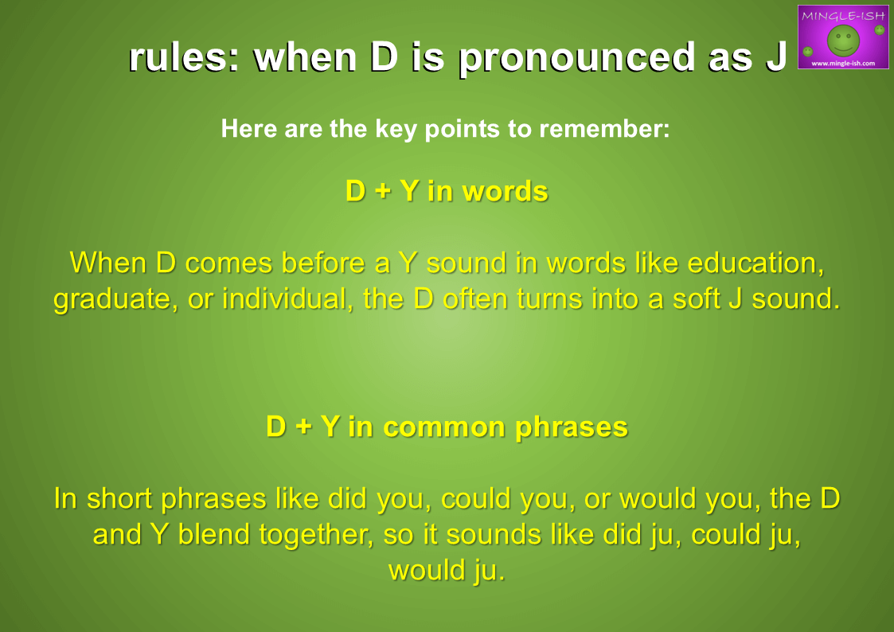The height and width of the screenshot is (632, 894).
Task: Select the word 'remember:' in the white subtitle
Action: click(603, 128)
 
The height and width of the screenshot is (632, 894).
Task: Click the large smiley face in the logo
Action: click(843, 41)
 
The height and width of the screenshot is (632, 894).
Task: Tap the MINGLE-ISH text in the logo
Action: click(843, 16)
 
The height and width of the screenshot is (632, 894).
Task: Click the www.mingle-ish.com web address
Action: click(843, 63)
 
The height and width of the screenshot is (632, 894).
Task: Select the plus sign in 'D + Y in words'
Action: click(382, 192)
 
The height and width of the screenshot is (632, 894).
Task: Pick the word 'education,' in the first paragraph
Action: click(755, 263)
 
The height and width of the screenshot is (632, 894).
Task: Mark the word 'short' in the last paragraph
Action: click(119, 498)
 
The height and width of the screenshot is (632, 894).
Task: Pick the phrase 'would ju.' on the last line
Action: click(447, 571)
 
